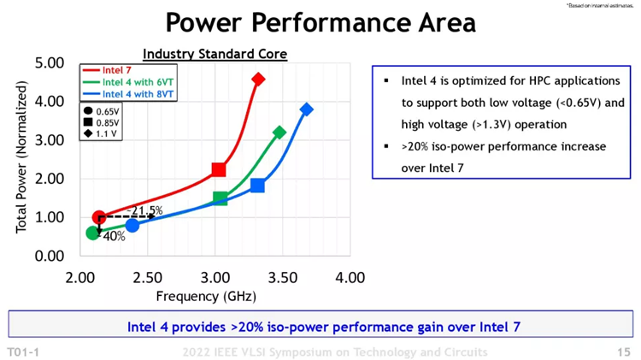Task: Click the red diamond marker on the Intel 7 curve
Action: (x=258, y=80)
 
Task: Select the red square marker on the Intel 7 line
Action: (x=219, y=169)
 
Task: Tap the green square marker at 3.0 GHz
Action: (x=220, y=198)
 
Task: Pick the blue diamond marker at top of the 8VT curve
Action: (x=306, y=109)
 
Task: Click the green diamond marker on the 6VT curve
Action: (x=279, y=133)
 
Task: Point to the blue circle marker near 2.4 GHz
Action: (x=132, y=226)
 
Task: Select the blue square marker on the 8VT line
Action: (x=257, y=186)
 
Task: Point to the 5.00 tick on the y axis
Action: (x=50, y=62)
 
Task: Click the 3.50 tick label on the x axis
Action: (x=283, y=278)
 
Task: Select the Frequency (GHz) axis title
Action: (x=205, y=297)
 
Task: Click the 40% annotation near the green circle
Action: (x=114, y=236)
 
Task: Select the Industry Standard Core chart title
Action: (x=215, y=54)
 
